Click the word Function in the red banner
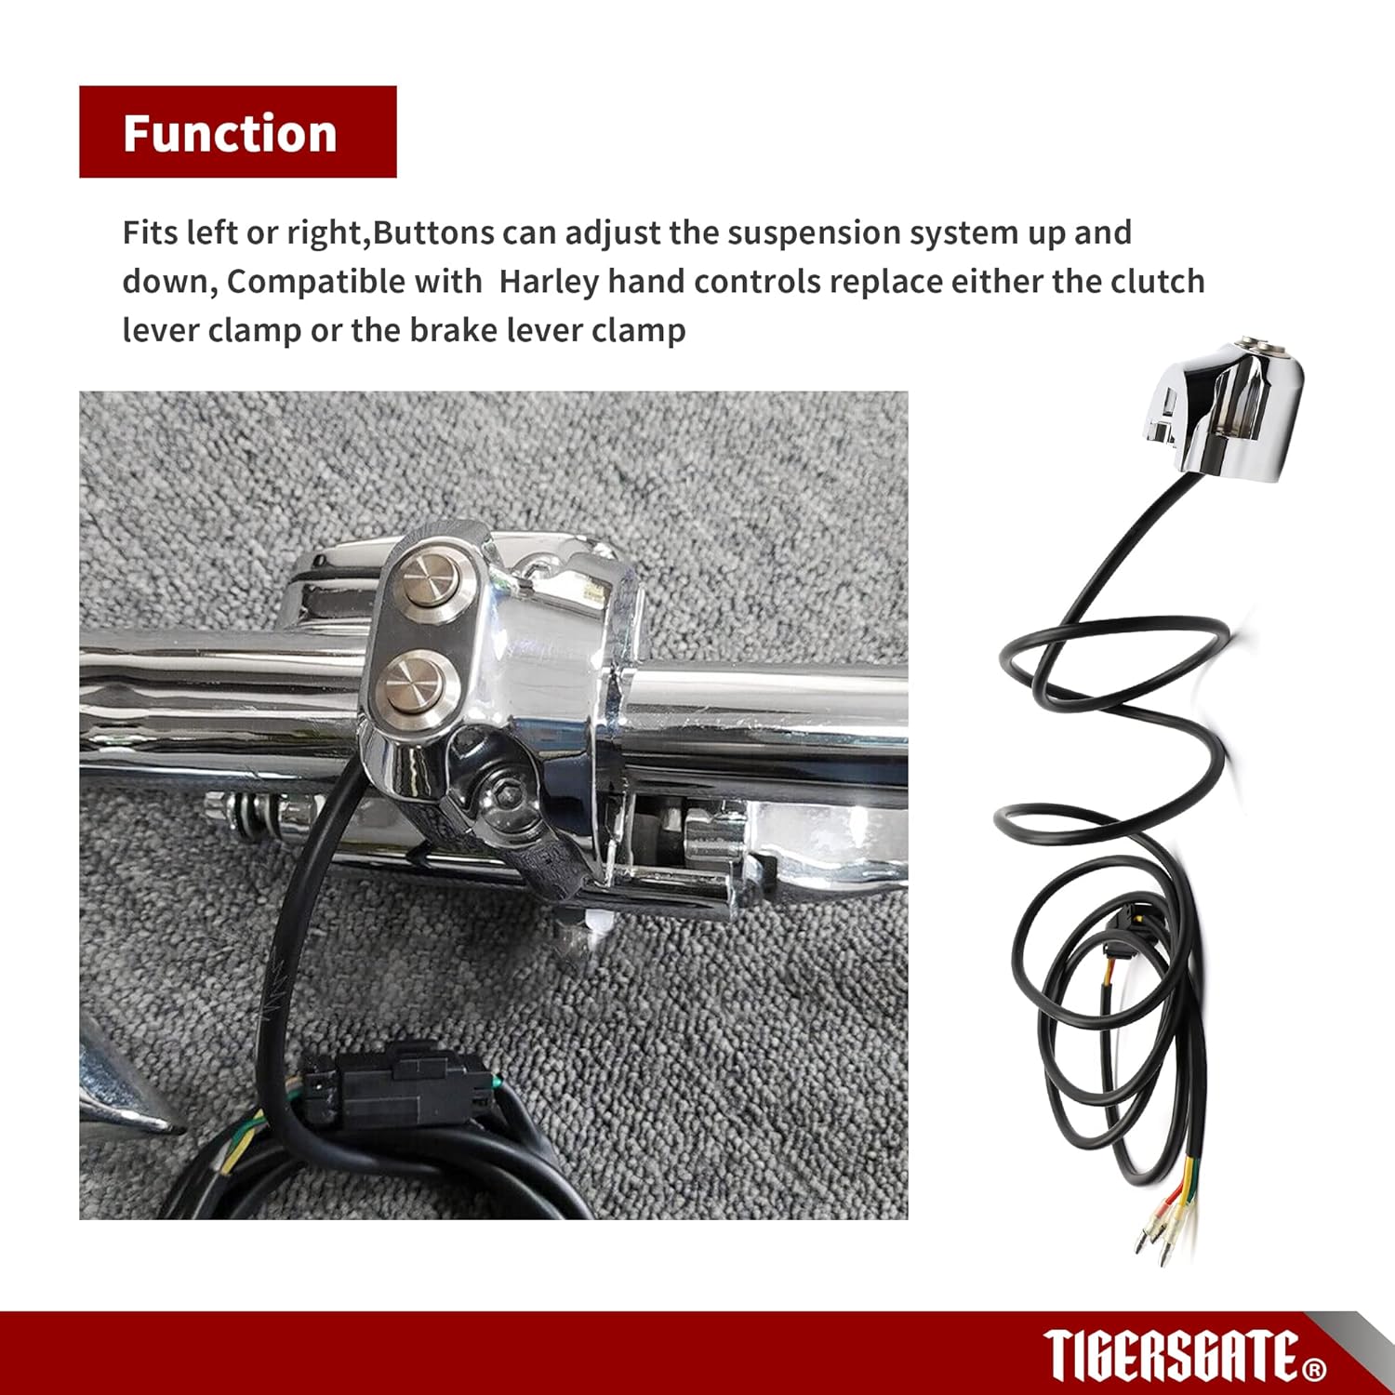(x=230, y=133)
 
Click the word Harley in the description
(x=549, y=281)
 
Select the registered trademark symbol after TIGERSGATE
(x=1315, y=1369)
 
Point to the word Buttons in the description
(x=433, y=232)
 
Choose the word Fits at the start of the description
(x=150, y=232)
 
